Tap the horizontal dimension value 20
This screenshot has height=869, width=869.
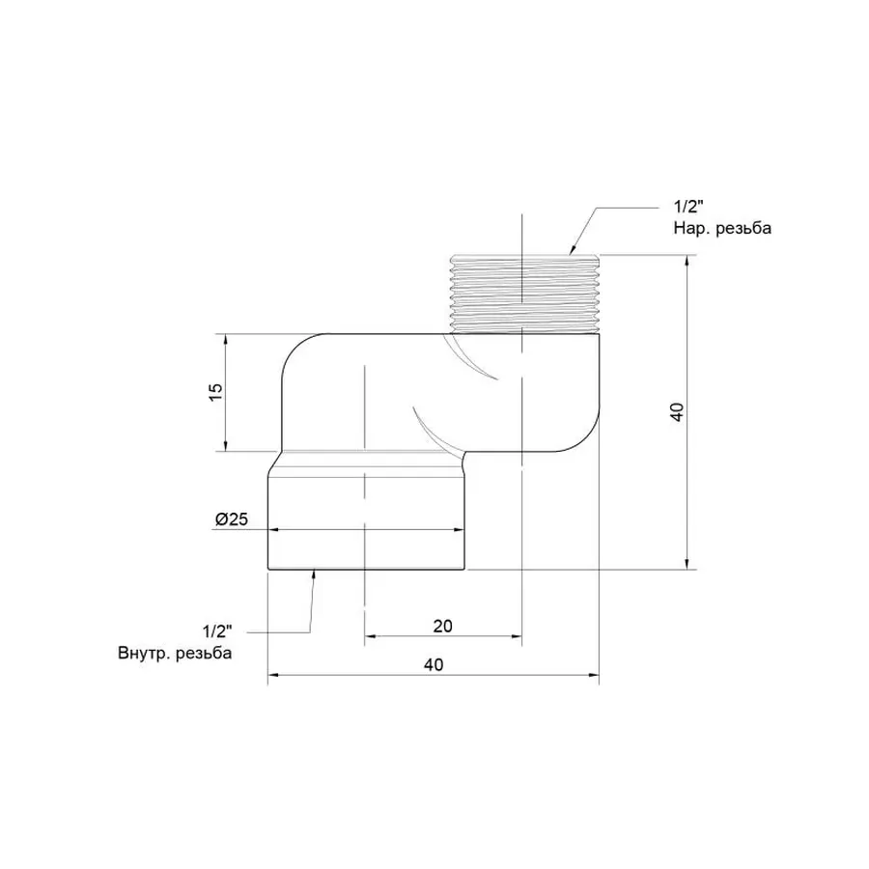[442, 626]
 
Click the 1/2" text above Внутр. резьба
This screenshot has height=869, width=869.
[219, 631]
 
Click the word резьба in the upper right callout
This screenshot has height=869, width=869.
[745, 229]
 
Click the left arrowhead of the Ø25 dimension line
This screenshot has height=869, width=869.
[273, 530]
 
